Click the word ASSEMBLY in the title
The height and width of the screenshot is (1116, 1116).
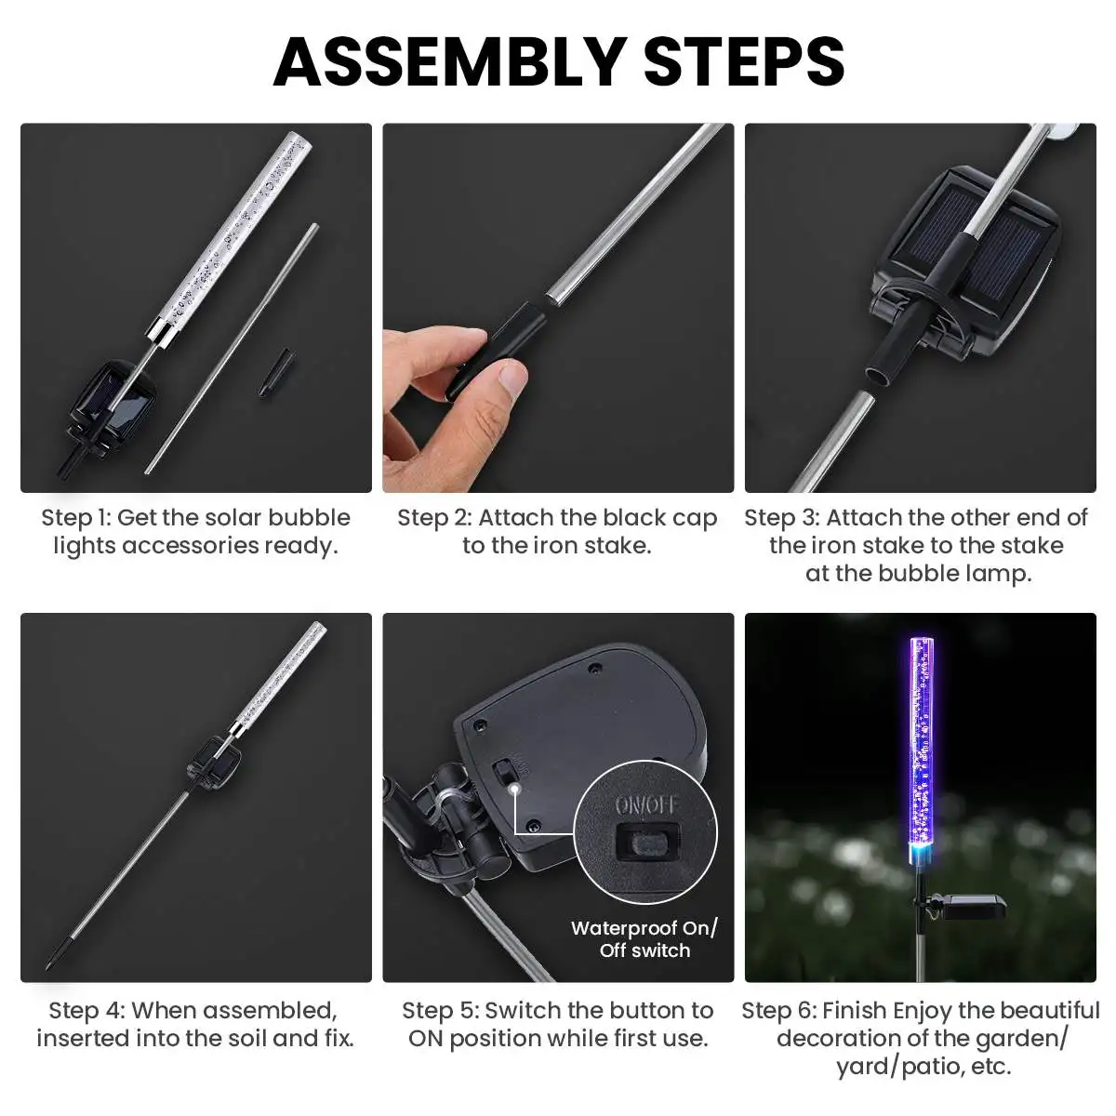(x=449, y=62)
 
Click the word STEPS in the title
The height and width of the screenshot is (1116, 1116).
(x=744, y=62)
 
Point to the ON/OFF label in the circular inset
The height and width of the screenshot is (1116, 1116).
(x=645, y=805)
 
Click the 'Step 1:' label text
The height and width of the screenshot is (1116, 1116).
(x=75, y=518)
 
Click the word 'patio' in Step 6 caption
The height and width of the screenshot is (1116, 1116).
(x=934, y=1066)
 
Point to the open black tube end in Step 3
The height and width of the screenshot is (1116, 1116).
(x=879, y=376)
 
